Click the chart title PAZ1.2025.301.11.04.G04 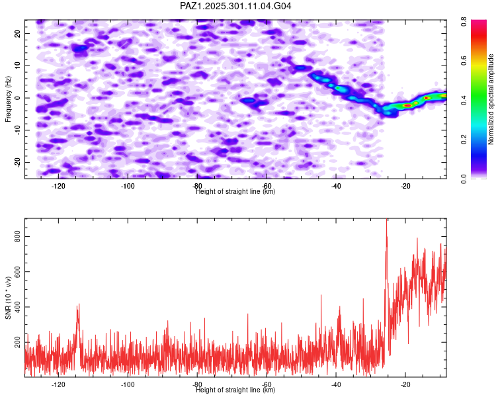click(235, 6)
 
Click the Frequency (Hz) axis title click(8, 99)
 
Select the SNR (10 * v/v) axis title click(8, 298)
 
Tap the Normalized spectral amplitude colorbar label click(491, 99)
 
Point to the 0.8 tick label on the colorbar click(464, 22)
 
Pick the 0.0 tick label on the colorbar click(464, 179)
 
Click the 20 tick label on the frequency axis click(18, 33)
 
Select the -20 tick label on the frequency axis click(18, 162)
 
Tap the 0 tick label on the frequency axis click(18, 98)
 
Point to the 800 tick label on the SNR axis click(18, 236)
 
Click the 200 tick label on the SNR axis click(18, 342)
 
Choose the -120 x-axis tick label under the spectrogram click(58, 186)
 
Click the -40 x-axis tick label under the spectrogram click(336, 186)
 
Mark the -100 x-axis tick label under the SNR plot click(128, 384)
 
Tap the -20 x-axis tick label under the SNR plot click(405, 384)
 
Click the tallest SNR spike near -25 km click(387, 220)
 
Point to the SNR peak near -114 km click(78, 304)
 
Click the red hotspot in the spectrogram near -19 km click(408, 105)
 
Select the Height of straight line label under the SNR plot click(235, 390)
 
